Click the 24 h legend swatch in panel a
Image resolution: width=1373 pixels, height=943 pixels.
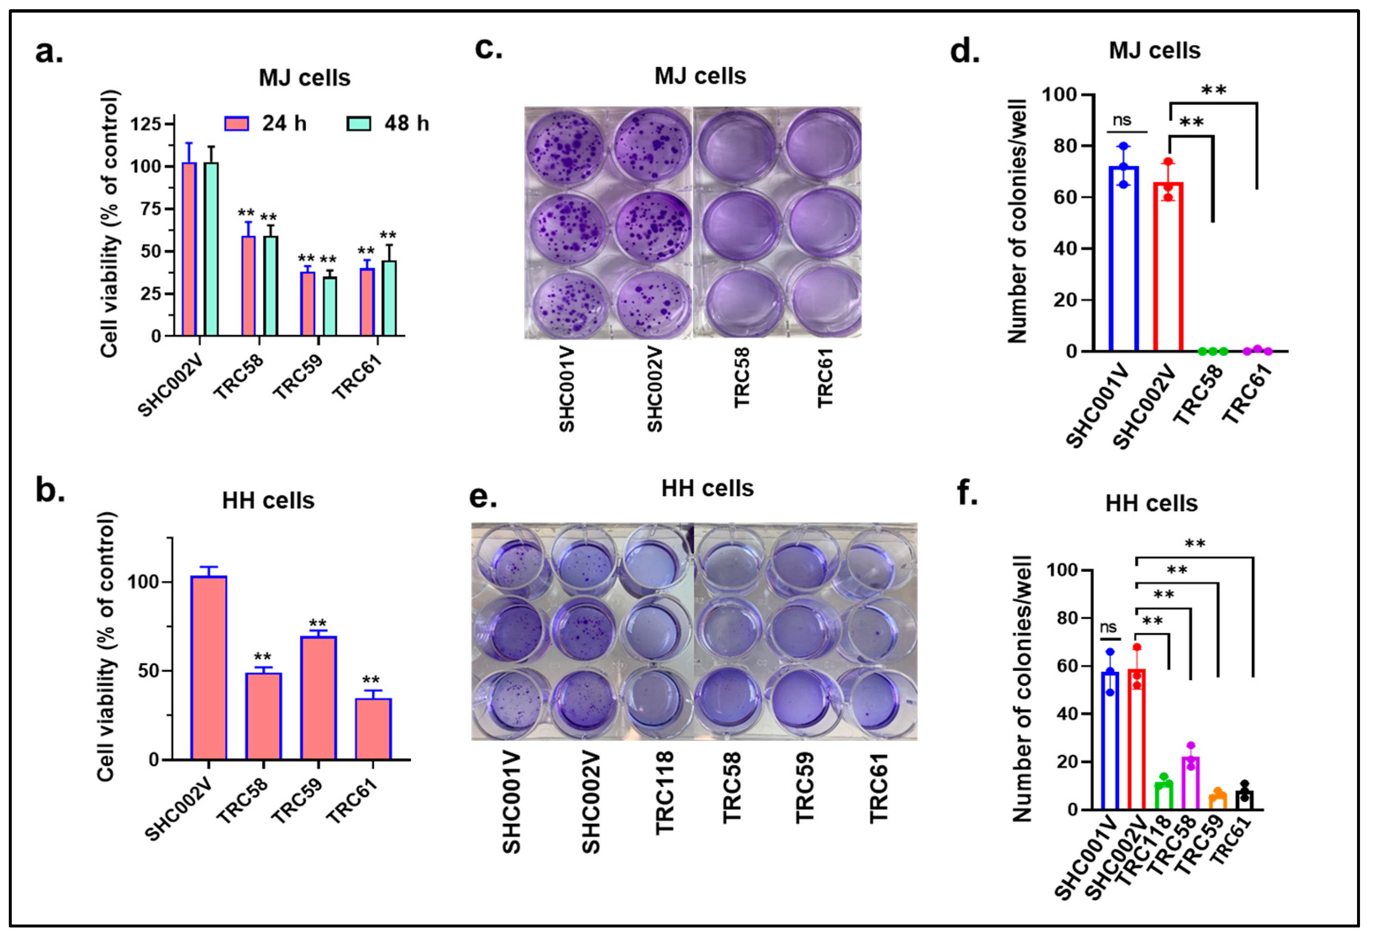236,123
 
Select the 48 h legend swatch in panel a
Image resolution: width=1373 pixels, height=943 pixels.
358,123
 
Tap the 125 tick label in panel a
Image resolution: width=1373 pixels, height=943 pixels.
145,124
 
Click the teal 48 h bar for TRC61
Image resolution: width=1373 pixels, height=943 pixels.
389,299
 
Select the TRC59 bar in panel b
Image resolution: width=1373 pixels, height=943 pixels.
318,697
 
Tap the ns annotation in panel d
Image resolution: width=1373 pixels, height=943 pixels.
1121,120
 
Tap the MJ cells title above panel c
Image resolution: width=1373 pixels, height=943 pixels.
700,76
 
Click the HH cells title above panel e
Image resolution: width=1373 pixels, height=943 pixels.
707,489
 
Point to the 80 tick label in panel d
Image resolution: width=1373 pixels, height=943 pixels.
1065,146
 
